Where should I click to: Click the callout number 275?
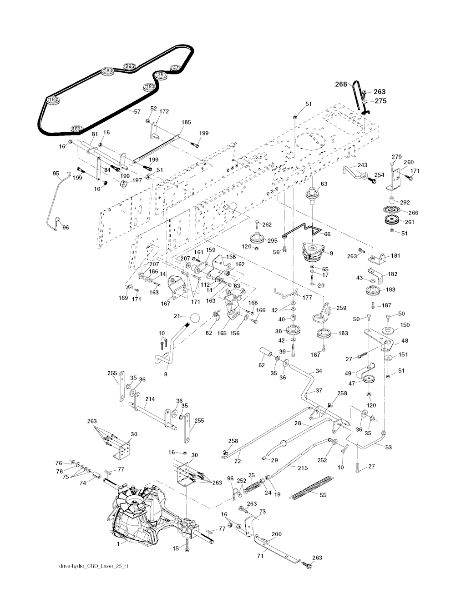click(380, 101)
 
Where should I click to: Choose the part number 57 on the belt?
click(137, 111)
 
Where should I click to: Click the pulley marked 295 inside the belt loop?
click(130, 66)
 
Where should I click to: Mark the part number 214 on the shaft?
click(150, 399)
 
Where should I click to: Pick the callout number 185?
click(186, 123)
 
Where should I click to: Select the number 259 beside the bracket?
click(341, 308)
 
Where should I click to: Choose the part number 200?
click(276, 534)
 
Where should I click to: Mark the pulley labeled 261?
click(390, 222)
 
